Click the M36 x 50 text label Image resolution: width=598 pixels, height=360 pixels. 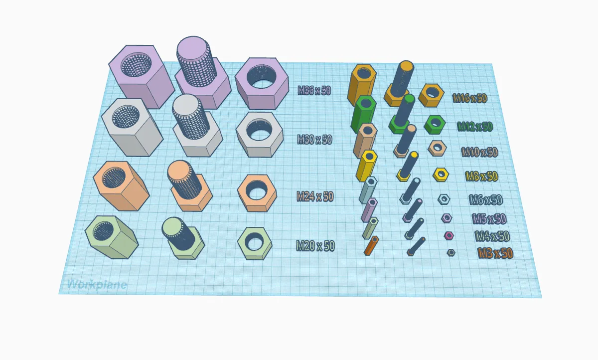(x=314, y=91)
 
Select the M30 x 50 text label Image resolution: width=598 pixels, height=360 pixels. (x=314, y=140)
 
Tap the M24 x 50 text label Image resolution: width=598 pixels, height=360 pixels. (x=315, y=197)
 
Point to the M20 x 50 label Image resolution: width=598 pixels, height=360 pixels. (x=315, y=246)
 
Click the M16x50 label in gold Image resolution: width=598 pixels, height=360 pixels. (x=470, y=98)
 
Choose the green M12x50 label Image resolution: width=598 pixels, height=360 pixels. (x=475, y=126)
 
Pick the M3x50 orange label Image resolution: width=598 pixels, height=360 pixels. (x=495, y=253)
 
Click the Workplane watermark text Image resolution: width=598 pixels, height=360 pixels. (x=97, y=284)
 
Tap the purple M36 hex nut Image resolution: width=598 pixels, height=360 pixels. (x=262, y=83)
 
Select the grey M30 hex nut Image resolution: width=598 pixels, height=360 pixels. (x=260, y=134)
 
